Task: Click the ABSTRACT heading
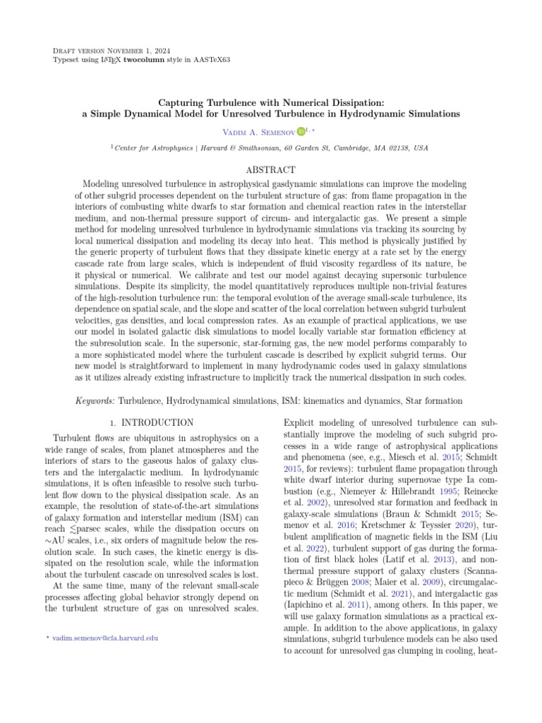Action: coord(270,170)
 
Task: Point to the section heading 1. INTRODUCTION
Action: coord(154,423)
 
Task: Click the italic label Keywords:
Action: coord(95,401)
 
